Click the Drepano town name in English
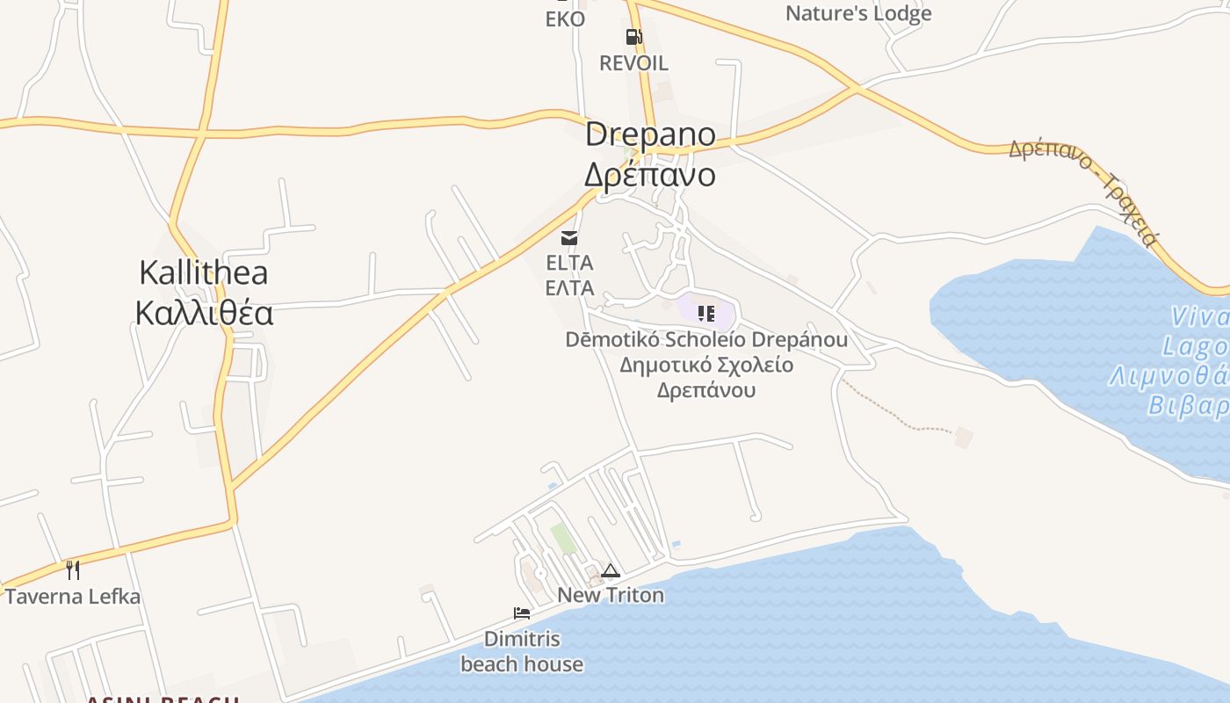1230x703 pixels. pos(650,135)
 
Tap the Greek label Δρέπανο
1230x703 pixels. pos(650,175)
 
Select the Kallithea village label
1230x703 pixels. pos(203,272)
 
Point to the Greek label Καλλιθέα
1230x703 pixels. pos(204,313)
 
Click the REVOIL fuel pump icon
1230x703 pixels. pos(633,37)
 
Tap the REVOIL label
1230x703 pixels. pos(633,63)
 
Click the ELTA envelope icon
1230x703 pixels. pos(569,237)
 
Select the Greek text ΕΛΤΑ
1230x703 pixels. pos(569,288)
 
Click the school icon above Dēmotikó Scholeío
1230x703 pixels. pos(706,314)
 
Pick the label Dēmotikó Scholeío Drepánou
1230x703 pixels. pos(706,340)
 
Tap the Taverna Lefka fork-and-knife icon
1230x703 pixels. pos(73,570)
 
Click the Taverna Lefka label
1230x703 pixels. pos(73,597)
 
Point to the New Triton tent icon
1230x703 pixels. pos(611,571)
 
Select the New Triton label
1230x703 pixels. pos(611,596)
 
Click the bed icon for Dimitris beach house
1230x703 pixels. pos(522,613)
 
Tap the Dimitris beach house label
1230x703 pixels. pos(522,651)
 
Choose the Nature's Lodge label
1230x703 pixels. pos(857,13)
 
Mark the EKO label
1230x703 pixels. pos(565,18)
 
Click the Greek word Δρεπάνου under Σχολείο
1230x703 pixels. pos(706,389)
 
